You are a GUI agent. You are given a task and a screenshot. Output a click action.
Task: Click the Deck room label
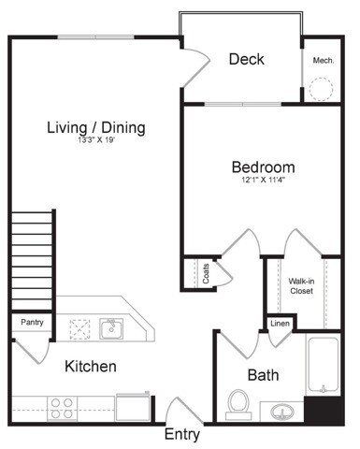[246, 60]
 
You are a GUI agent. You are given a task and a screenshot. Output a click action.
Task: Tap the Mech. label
[324, 60]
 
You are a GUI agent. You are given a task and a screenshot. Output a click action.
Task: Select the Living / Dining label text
[97, 128]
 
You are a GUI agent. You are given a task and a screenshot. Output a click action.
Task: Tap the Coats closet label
[205, 273]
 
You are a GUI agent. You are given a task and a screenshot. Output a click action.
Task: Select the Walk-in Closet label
[300, 285]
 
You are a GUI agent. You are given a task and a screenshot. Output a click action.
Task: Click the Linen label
[280, 324]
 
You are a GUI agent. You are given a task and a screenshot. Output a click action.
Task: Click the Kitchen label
[90, 367]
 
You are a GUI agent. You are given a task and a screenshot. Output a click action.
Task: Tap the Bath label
[262, 375]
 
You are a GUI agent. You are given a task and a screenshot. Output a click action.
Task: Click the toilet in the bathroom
[238, 405]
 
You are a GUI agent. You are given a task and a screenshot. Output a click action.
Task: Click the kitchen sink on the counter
[111, 327]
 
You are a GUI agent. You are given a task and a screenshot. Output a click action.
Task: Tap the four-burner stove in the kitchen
[62, 407]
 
